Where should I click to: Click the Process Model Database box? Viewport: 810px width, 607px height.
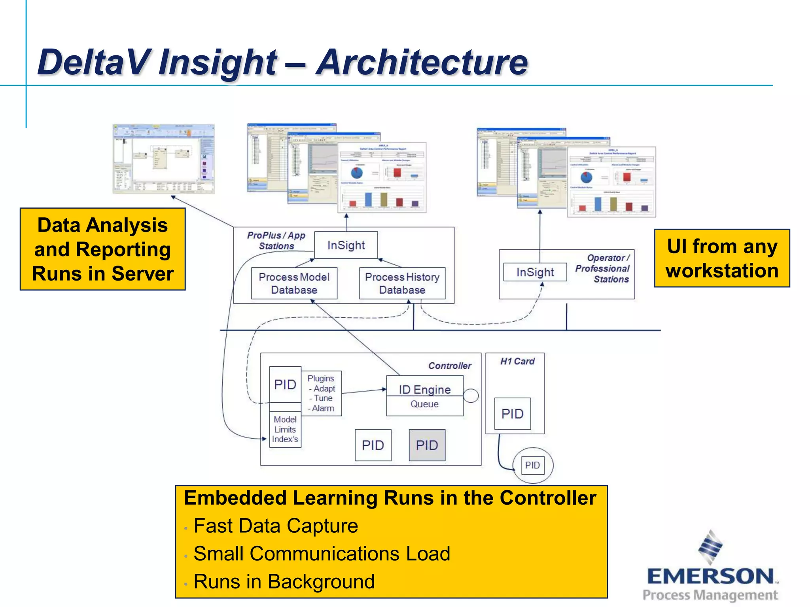point(294,283)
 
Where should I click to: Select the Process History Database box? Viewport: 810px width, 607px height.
point(402,283)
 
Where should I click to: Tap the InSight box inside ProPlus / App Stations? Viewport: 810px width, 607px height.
point(346,245)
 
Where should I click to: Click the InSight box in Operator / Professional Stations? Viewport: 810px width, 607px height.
point(535,272)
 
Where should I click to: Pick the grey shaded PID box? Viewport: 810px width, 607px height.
point(427,445)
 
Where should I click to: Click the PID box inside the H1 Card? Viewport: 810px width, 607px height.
point(513,414)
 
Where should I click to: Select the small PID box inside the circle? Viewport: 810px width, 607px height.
point(532,465)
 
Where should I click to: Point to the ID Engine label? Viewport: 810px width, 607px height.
point(424,390)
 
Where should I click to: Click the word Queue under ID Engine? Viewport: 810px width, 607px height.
point(424,404)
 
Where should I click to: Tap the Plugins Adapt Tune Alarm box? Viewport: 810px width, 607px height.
point(321,393)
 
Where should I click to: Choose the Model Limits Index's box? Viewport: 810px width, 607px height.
point(285,430)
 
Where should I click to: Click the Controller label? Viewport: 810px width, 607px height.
point(450,366)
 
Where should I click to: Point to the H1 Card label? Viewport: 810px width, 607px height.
point(517,362)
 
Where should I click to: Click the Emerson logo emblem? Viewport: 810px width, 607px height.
point(710,547)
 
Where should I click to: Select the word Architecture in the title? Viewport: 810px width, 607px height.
point(422,62)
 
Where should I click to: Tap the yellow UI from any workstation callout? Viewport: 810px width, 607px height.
point(722,258)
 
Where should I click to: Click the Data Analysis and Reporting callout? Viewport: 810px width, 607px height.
point(103,249)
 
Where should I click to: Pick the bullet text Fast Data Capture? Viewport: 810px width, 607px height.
point(276,526)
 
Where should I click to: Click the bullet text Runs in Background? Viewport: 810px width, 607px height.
point(284,582)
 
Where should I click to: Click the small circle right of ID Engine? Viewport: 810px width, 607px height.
point(471,396)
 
